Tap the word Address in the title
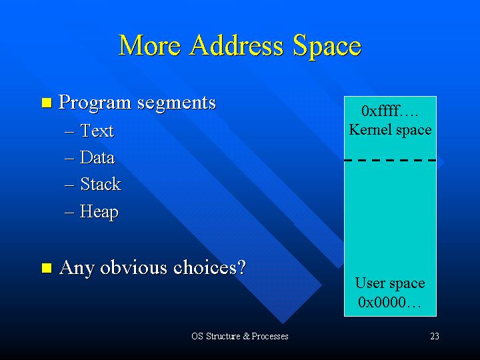[237, 45]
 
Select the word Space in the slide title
[327, 47]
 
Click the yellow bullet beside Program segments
[47, 103]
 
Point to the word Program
[95, 103]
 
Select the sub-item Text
[97, 131]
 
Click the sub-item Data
[97, 157]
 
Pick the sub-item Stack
[101, 184]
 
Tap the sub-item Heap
[99, 212]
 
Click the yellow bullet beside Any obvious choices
[47, 267]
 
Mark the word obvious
[133, 267]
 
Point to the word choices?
[210, 267]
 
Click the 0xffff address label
[389, 111]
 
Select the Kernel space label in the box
[390, 130]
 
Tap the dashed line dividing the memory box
[390, 160]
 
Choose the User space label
[390, 283]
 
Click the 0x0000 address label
[389, 302]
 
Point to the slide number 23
[435, 336]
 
